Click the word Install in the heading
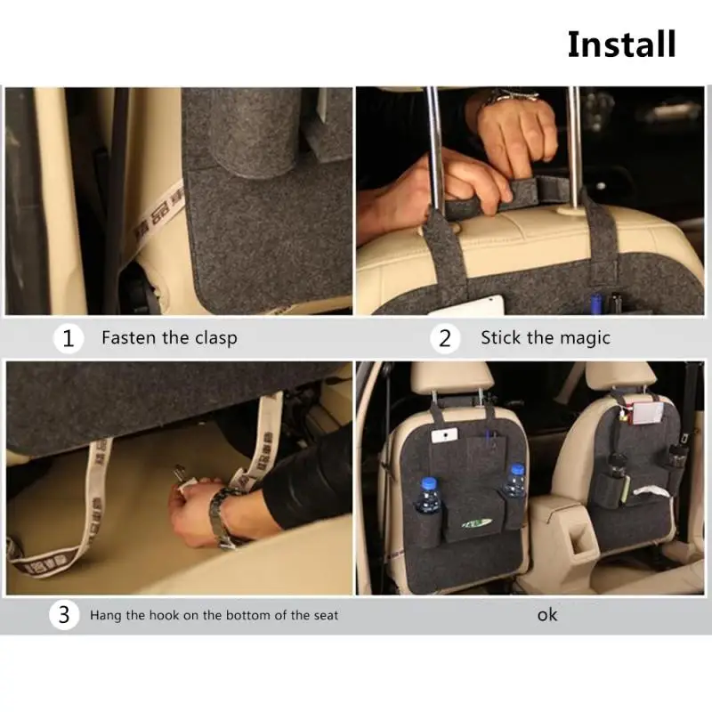tap(621, 44)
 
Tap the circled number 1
tap(68, 338)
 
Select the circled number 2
tap(445, 338)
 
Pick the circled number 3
tap(63, 615)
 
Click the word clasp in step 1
tap(214, 338)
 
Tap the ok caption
tap(547, 614)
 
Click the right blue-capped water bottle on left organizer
tap(515, 481)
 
